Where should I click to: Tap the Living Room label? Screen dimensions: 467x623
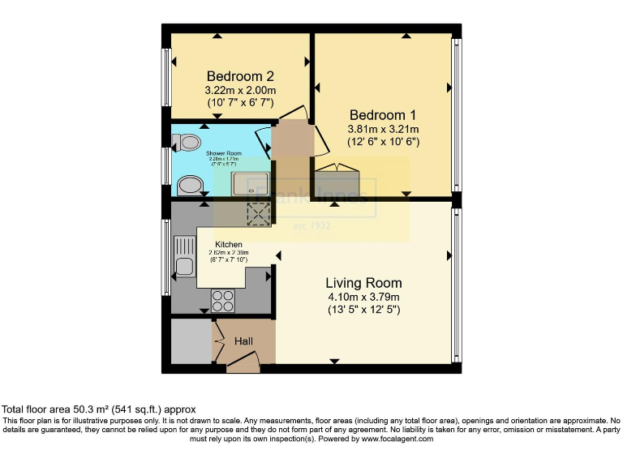pos(363,283)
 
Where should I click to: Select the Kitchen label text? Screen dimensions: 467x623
pos(230,244)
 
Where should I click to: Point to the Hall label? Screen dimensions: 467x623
pos(244,342)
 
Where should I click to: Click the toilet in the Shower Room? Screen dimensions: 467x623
pos(189,142)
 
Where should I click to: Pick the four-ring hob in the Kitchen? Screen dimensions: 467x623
pos(223,301)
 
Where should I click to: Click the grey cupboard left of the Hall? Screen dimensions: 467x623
pos(191,343)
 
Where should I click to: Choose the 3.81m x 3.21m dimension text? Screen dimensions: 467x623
pos(384,130)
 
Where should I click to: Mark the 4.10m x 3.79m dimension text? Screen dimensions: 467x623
pos(363,297)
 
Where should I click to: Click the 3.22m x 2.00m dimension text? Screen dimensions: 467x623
pos(240,90)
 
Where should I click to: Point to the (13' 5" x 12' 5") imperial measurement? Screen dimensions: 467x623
pos(363,310)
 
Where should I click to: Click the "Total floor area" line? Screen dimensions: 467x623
pos(98,409)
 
